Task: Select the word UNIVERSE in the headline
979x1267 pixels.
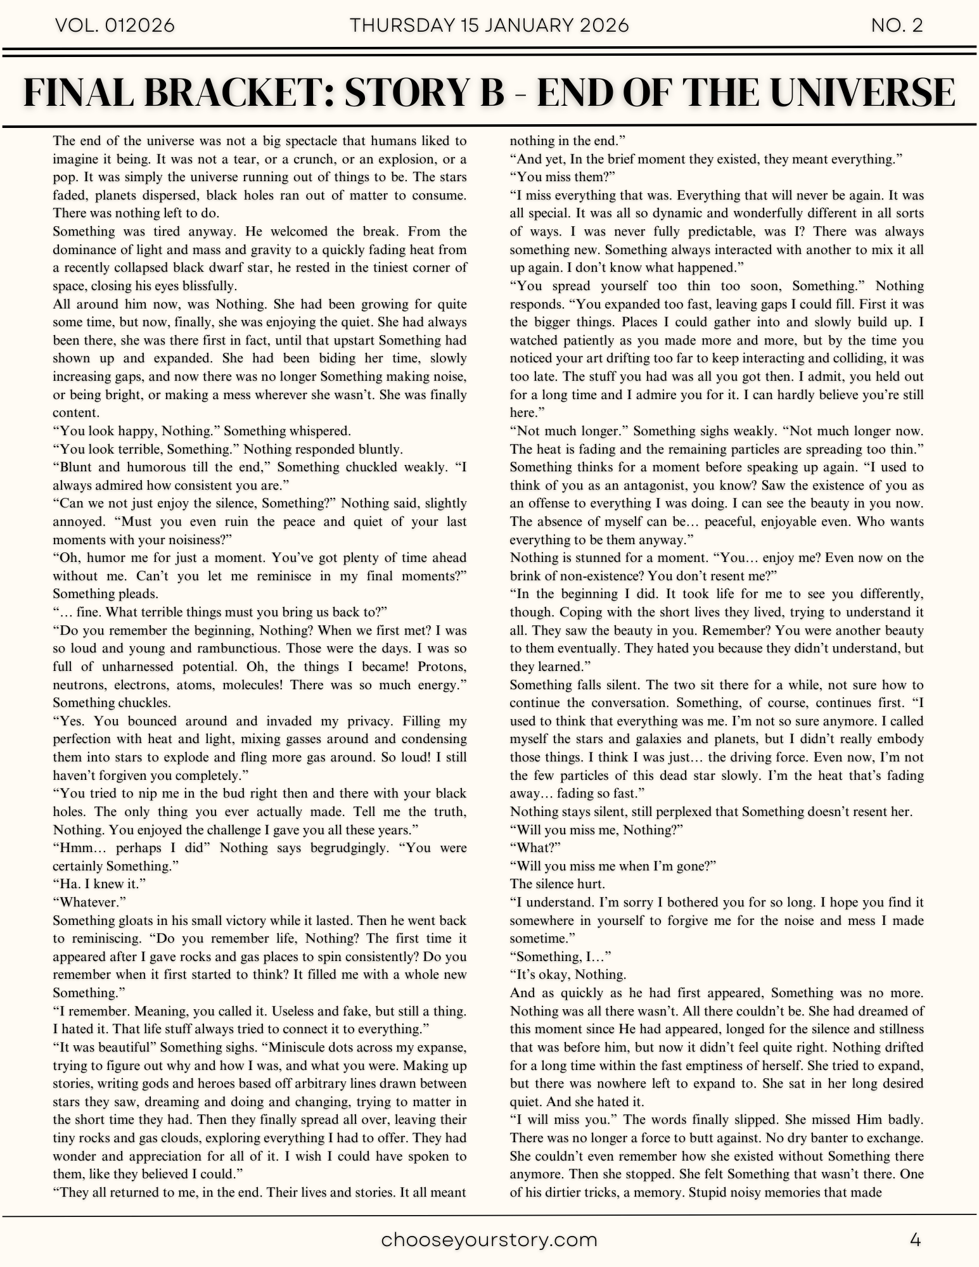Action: pos(867,92)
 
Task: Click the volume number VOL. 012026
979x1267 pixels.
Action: pos(115,25)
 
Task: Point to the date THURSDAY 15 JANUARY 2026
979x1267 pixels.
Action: pos(489,25)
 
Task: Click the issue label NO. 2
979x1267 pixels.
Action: pos(897,25)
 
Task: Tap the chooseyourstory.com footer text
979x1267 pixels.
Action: pos(489,1240)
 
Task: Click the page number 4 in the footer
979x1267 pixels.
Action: pos(915,1240)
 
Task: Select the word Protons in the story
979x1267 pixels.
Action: pos(442,666)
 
